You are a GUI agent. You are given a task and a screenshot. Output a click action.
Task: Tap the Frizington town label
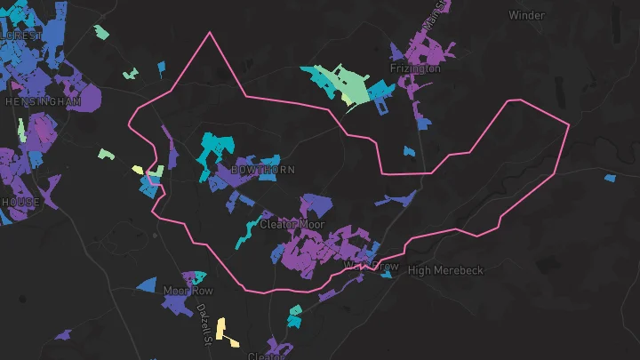[x=414, y=68]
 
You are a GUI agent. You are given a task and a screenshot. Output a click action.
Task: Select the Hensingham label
[x=43, y=102]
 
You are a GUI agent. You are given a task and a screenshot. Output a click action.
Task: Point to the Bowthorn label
[x=262, y=169]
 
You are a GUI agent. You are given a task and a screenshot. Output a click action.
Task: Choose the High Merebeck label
[x=445, y=270]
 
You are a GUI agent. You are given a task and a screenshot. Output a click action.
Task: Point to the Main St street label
[x=433, y=20]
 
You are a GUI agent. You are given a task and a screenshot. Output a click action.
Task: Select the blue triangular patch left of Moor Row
[x=147, y=286]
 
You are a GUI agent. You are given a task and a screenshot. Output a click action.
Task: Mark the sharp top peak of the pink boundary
[x=211, y=33]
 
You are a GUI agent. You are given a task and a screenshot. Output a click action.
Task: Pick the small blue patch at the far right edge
[x=608, y=177]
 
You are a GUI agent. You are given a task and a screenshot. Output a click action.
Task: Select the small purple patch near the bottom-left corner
[x=62, y=336]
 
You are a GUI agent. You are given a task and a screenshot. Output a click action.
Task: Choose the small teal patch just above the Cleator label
[x=293, y=315]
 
